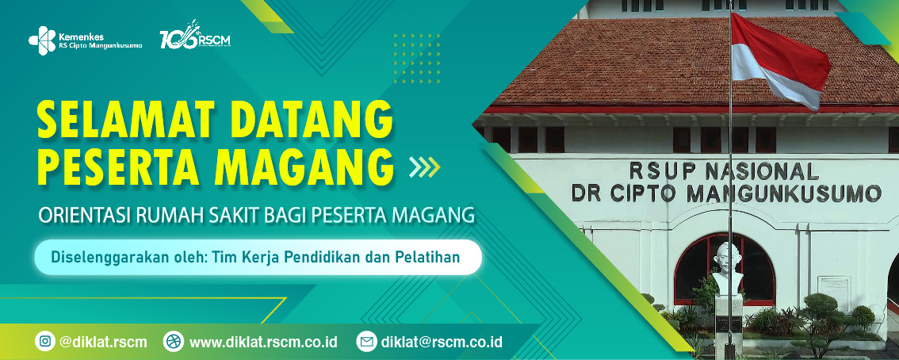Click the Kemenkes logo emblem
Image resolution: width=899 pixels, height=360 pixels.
[x=42, y=40]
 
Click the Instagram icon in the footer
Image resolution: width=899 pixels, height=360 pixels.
[x=45, y=342]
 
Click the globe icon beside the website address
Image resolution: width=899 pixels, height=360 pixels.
[x=173, y=342]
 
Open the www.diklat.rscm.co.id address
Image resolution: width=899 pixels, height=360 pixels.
[x=263, y=342]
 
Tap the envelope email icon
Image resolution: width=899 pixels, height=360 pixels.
[x=366, y=342]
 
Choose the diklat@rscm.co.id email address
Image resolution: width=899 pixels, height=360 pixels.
[x=442, y=342]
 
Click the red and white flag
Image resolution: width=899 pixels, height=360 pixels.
[x=778, y=59]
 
